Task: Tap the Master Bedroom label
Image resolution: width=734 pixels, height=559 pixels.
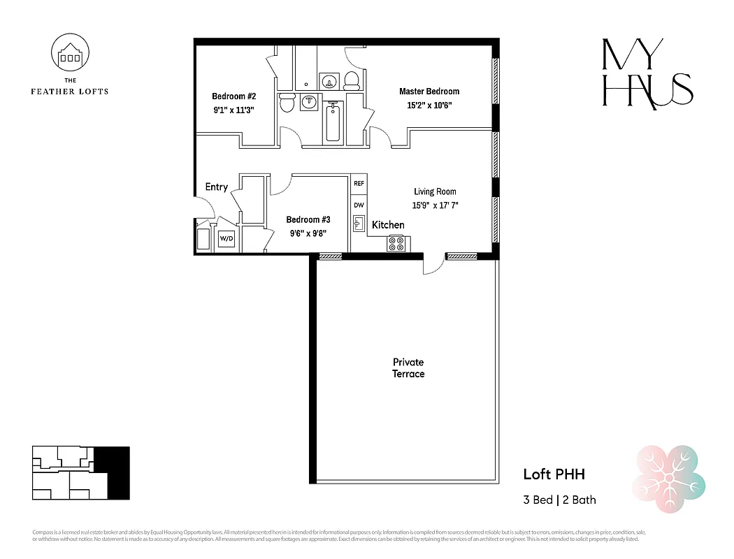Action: coord(429,92)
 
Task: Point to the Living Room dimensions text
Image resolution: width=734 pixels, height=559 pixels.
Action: coord(435,205)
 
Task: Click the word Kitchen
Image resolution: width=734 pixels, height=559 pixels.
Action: coord(388,225)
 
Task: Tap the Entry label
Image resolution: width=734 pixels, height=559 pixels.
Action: coord(216,187)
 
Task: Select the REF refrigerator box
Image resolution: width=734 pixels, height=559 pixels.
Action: coord(359,184)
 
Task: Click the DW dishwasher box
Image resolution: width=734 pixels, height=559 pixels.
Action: coord(359,205)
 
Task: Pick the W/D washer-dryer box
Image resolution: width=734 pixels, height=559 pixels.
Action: coord(226,239)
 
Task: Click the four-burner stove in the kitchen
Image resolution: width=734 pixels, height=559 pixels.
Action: coord(396,244)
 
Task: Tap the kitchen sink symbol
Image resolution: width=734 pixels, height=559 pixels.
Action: coord(359,224)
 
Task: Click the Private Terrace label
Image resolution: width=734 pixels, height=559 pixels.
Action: coord(408,368)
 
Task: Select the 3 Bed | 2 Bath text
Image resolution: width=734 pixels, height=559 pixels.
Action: coord(559,500)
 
